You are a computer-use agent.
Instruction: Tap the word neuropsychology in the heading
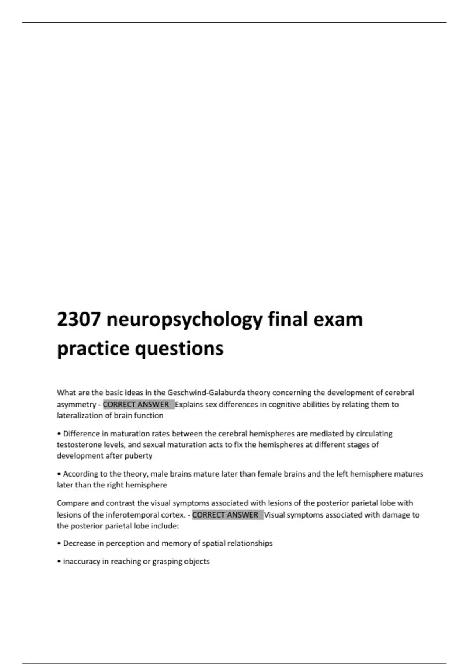[184, 320]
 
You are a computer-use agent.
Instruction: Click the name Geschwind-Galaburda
[206, 393]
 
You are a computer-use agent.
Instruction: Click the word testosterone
[77, 444]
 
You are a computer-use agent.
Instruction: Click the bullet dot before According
[59, 474]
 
